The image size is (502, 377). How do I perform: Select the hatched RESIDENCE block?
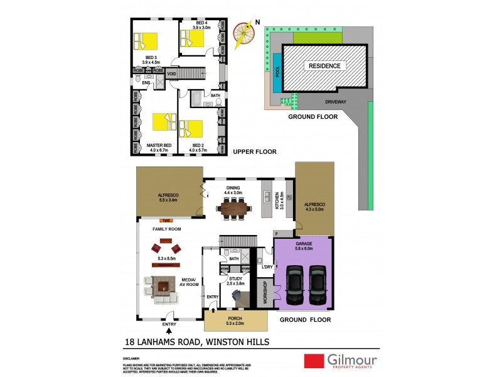coord(324,65)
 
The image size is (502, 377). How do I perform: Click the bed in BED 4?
coord(193,40)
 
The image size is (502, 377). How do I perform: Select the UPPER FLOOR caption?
coord(254,151)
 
